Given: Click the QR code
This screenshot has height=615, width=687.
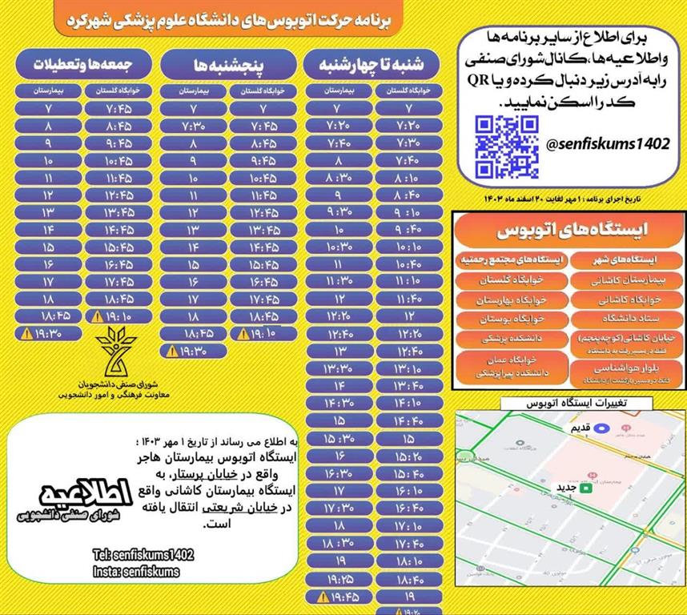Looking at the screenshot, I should click(x=506, y=147).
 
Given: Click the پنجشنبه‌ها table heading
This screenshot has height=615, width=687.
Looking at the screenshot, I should click(x=231, y=63).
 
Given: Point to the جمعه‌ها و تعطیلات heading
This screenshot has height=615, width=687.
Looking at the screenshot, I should click(x=82, y=62).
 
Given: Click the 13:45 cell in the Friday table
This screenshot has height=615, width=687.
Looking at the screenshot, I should click(x=119, y=211).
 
